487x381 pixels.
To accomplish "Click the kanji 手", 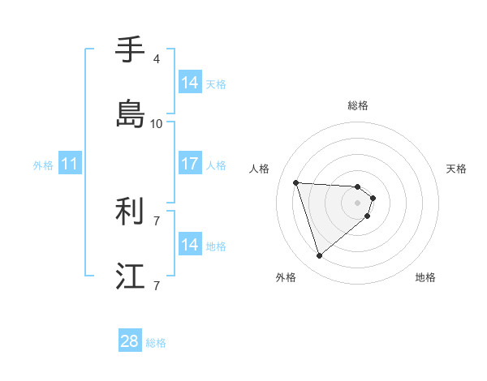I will (130, 50).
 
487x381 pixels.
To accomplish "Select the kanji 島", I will (130, 113).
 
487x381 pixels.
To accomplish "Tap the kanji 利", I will (130, 212).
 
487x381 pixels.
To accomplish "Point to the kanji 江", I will (130, 276).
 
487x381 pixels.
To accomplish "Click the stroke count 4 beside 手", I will (156, 59).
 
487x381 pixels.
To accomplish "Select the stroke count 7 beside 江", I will (156, 285).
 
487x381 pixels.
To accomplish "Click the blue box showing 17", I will (190, 164).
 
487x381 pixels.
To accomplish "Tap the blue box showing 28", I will (130, 342).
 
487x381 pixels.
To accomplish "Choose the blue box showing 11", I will (70, 164).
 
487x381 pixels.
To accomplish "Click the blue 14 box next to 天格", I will (190, 83).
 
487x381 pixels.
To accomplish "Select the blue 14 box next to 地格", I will (190, 245).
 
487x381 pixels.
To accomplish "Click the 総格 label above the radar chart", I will (358, 105).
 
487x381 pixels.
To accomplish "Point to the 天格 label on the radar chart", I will (456, 169).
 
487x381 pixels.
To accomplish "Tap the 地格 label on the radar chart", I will (425, 277).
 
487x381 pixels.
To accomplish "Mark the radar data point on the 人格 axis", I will (296, 182).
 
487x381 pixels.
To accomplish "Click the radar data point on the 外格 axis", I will (319, 256).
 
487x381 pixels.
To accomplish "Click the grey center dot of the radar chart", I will (358, 213).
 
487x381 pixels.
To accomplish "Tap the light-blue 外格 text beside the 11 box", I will (43, 165).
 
